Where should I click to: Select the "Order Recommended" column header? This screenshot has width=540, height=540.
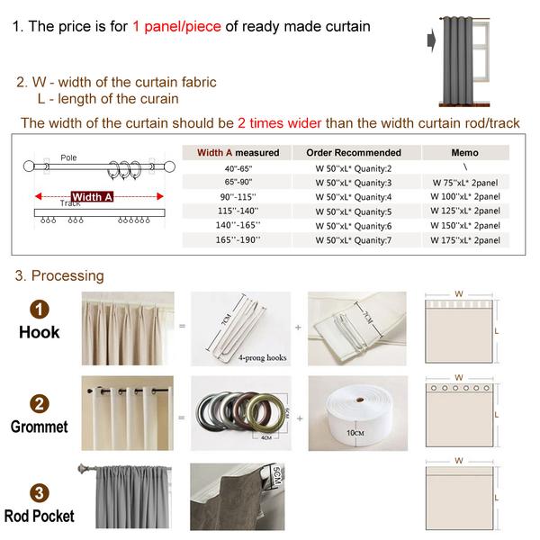pos(354,153)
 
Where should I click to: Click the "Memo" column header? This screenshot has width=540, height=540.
pos(465,153)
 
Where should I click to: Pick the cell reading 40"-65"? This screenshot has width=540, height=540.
pos(233,168)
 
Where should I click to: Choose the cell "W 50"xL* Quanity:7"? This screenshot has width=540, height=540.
pos(354,239)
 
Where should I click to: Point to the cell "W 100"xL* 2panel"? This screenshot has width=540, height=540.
pos(465,196)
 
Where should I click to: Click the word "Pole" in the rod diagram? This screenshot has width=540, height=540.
pos(68,157)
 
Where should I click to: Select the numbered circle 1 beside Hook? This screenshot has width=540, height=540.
pos(39,310)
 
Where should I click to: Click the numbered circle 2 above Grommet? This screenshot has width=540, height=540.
pos(39,404)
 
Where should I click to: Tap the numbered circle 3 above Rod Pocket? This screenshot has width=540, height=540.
pos(39,493)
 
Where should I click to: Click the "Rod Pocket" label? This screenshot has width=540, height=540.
pos(39,517)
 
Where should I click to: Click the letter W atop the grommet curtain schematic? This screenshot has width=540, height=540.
pos(458,377)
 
